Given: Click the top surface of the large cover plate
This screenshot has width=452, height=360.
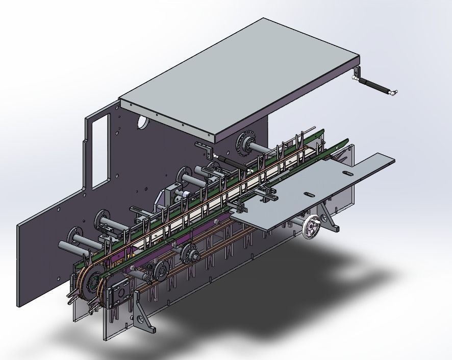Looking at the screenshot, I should [240, 77].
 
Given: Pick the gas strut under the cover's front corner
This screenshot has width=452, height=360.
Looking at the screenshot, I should [234, 162].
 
